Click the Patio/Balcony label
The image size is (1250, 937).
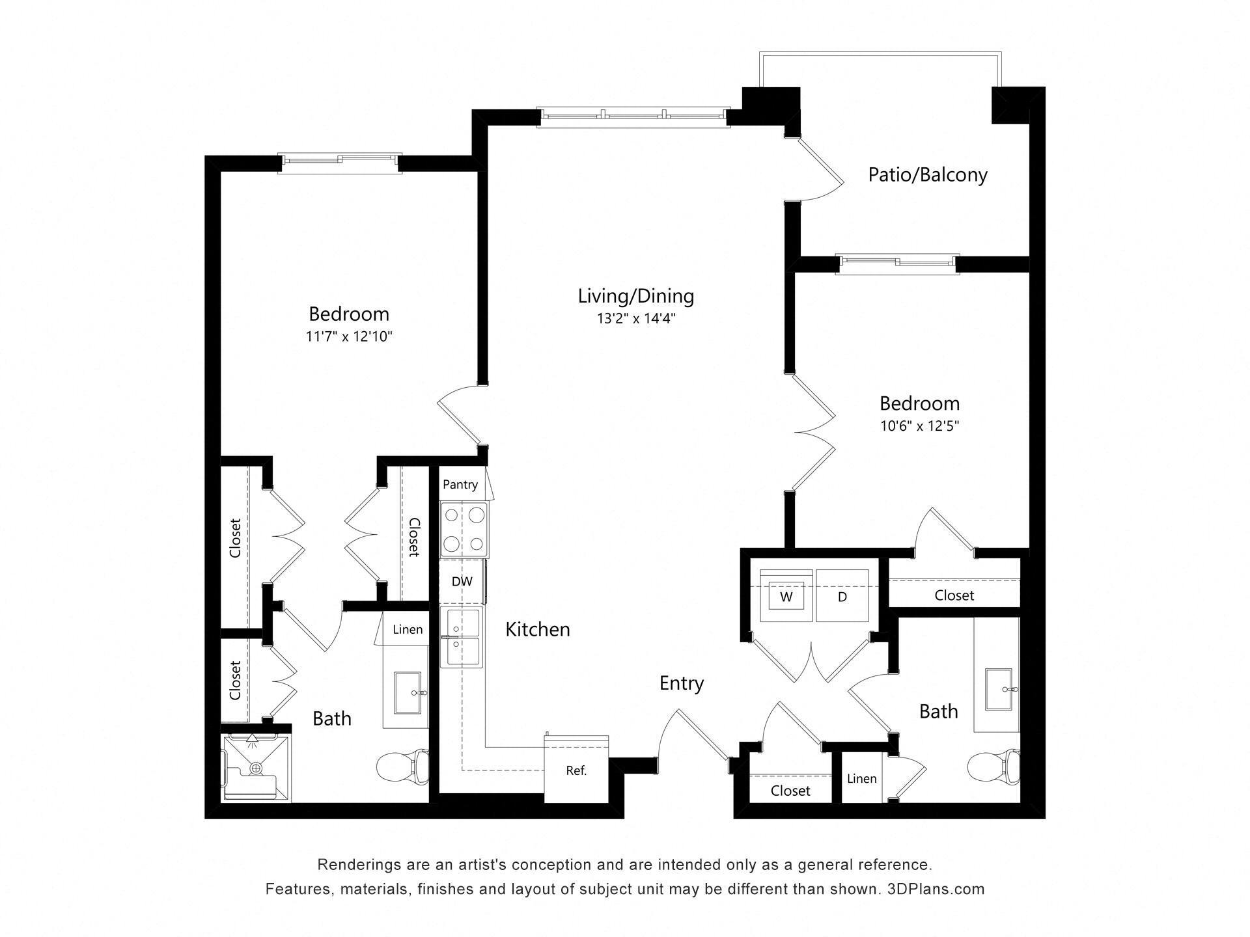[x=927, y=174]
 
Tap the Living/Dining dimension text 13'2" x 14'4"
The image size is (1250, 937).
[x=636, y=319]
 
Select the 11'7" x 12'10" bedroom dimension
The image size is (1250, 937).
[x=349, y=336]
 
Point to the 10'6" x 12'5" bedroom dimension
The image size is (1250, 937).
[x=919, y=426]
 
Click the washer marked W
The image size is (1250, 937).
[x=786, y=596]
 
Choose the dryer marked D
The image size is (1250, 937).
[x=842, y=596]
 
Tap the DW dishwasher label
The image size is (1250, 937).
[x=462, y=581]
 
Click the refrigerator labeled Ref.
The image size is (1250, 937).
[x=576, y=770]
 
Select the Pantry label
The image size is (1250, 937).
[x=460, y=484]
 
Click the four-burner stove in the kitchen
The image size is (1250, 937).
[x=464, y=529]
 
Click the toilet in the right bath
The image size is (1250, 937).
[x=993, y=768]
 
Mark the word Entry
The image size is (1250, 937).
[x=682, y=683]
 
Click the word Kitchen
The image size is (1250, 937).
[x=538, y=629]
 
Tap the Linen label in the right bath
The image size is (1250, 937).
[x=861, y=778]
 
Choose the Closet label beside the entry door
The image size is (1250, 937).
[x=790, y=791]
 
